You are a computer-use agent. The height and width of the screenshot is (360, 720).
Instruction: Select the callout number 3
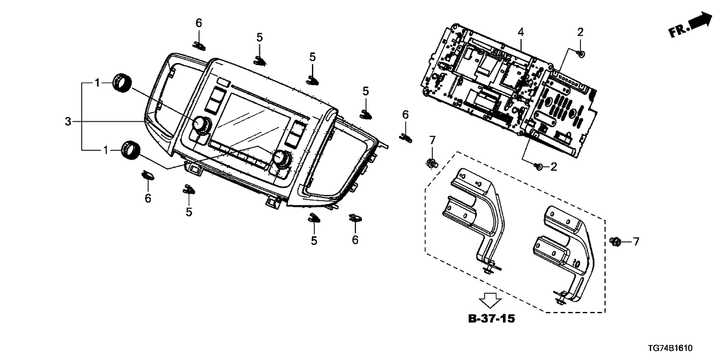click(68, 120)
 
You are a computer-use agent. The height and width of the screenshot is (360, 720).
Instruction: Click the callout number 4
click(521, 32)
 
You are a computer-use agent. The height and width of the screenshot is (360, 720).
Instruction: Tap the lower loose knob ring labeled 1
click(132, 150)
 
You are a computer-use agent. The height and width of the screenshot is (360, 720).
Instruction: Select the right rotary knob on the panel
click(283, 159)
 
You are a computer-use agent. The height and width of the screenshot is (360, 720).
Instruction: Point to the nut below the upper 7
click(431, 161)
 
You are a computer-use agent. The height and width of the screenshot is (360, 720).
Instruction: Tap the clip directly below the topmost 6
click(199, 45)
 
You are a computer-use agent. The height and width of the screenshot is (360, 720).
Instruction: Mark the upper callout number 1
click(97, 83)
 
